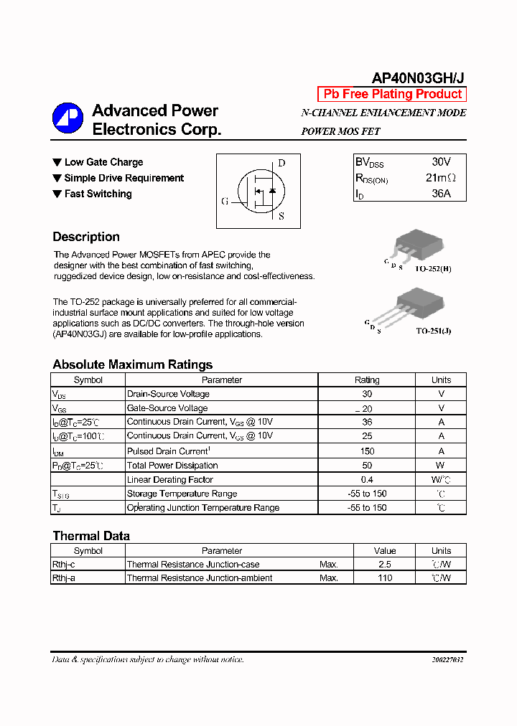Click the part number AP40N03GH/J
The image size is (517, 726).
click(x=418, y=77)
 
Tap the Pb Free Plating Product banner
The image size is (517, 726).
click(x=392, y=95)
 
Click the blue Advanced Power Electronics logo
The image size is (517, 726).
click(x=68, y=119)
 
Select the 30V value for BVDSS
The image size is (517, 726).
click(x=441, y=162)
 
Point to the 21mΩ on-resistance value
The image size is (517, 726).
click(x=440, y=178)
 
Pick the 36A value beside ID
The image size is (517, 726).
click(x=441, y=194)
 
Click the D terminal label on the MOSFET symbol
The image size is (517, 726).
click(x=281, y=163)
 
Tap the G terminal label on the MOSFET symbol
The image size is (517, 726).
click(x=225, y=202)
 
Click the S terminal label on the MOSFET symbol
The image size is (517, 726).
click(x=281, y=215)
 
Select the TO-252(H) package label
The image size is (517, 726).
click(x=433, y=269)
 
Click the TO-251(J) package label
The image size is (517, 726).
click(x=434, y=331)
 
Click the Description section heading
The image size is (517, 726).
click(x=86, y=237)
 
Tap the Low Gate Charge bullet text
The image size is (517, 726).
click(x=103, y=162)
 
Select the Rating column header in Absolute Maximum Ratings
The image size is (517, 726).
click(x=367, y=380)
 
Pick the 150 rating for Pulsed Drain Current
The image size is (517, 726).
click(x=367, y=451)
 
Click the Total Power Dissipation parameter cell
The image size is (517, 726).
click(x=172, y=466)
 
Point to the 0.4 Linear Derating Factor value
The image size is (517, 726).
click(x=367, y=480)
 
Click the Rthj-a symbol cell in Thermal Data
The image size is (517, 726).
click(x=63, y=578)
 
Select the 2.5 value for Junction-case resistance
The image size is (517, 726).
click(x=385, y=565)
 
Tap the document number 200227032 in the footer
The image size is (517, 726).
click(x=447, y=660)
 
